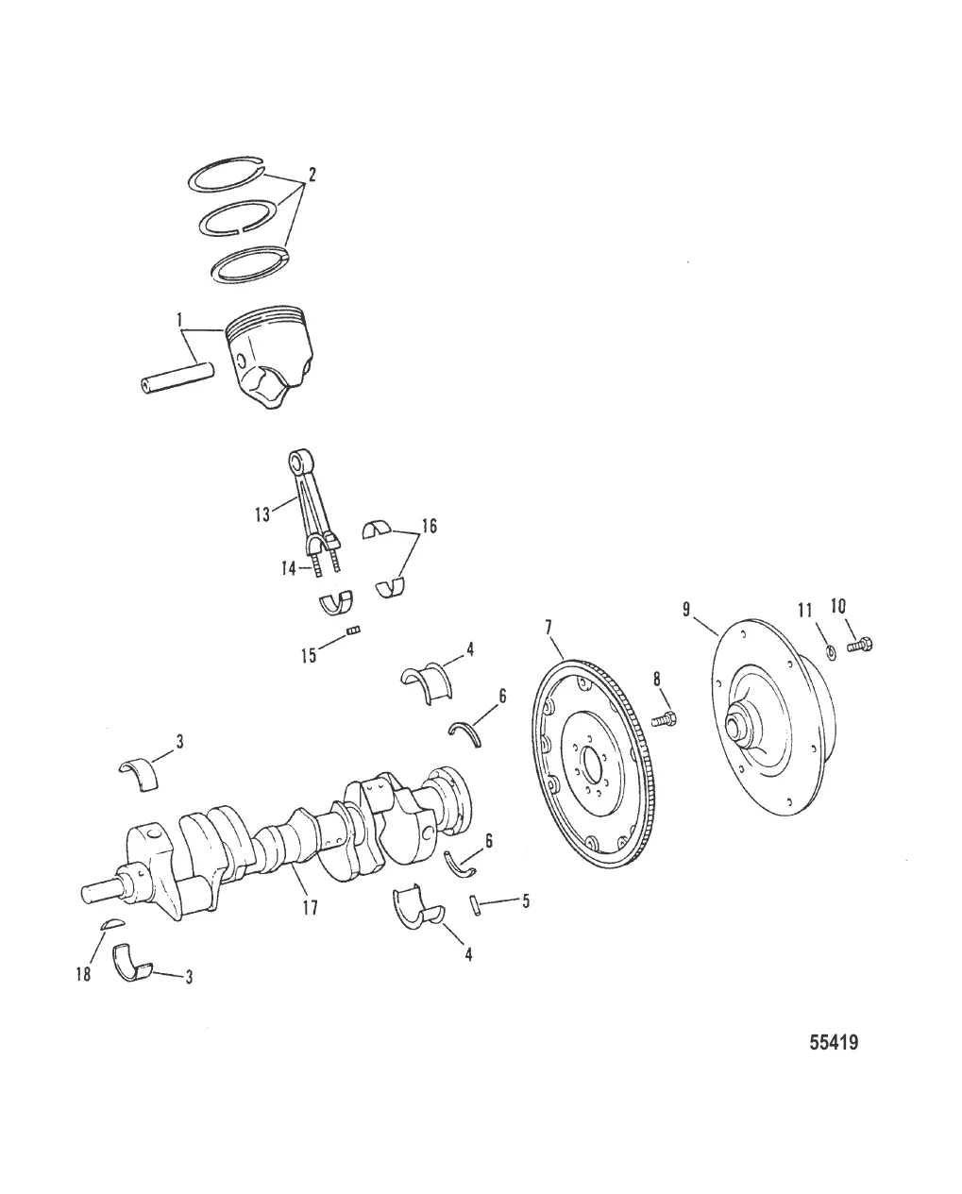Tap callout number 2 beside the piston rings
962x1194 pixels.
click(312, 176)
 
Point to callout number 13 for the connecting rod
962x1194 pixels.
click(263, 513)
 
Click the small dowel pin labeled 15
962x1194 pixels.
click(355, 631)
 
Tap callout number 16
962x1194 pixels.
click(430, 527)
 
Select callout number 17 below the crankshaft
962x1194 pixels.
click(309, 908)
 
